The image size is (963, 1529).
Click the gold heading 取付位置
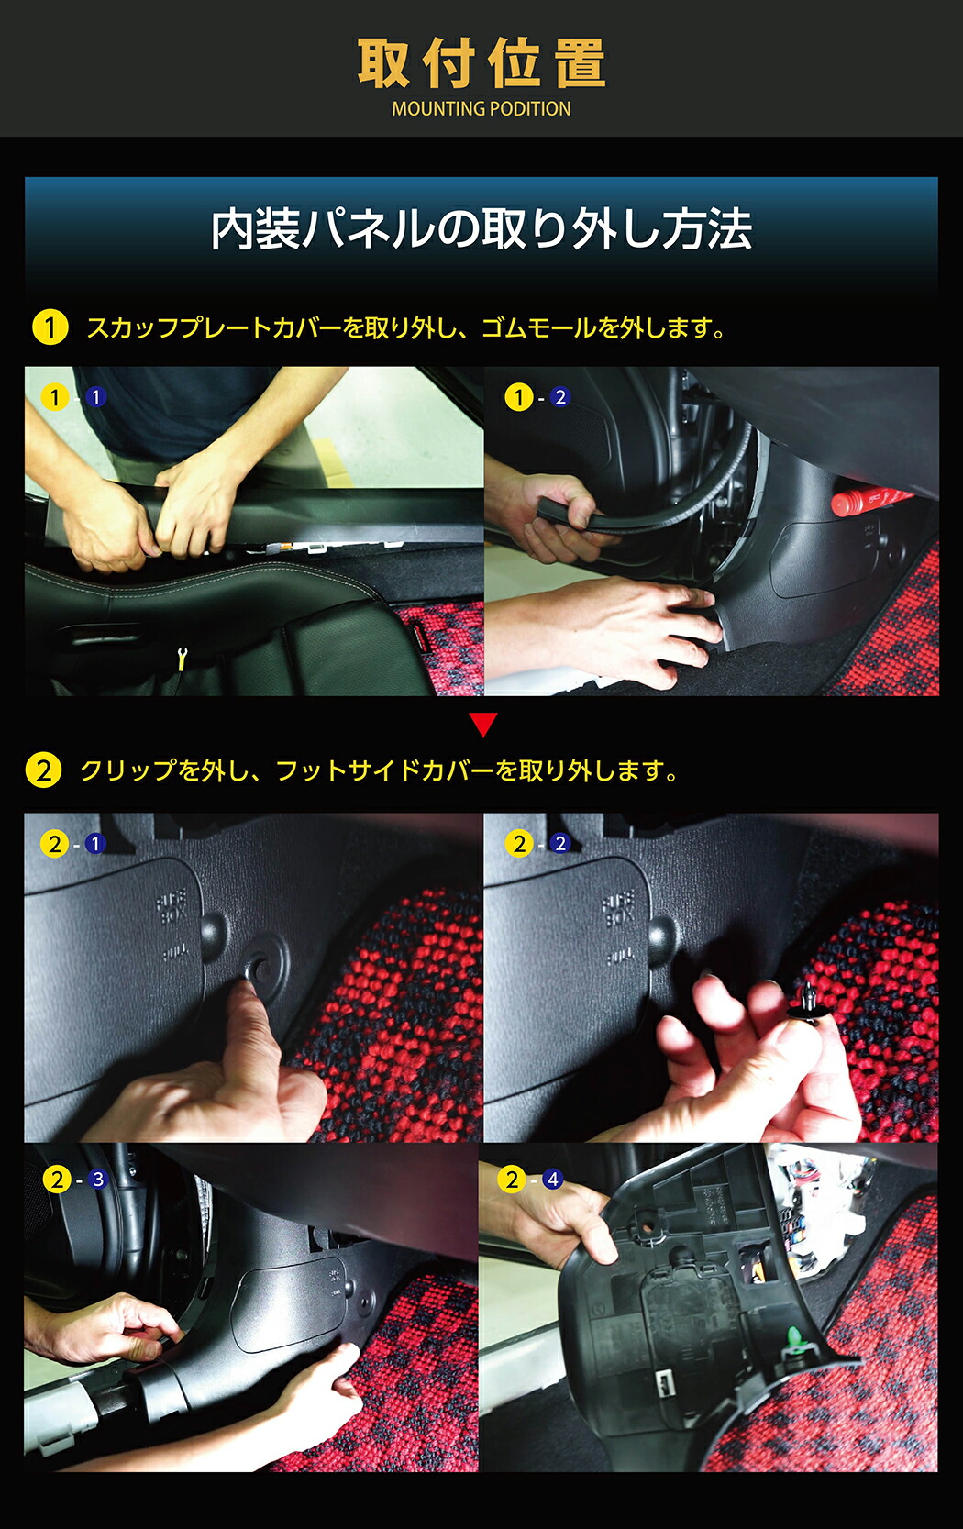click(481, 63)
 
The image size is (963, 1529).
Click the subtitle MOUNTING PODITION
click(481, 108)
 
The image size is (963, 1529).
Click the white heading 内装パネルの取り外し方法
click(481, 229)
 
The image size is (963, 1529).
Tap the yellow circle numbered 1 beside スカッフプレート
click(50, 327)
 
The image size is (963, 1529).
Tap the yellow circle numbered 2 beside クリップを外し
click(44, 770)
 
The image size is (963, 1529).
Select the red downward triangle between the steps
click(483, 725)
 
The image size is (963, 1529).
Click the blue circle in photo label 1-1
click(96, 397)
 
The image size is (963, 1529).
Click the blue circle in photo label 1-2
click(559, 397)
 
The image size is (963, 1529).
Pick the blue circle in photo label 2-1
click(95, 845)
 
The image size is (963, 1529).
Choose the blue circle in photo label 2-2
click(560, 844)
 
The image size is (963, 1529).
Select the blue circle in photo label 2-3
click(97, 1179)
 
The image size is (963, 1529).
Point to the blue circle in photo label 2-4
click(553, 1179)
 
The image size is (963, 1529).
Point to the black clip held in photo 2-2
click(807, 1004)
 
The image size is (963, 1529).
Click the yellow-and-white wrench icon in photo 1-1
click(182, 658)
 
